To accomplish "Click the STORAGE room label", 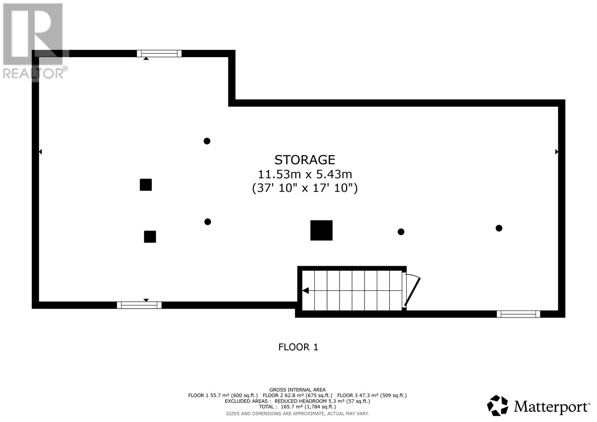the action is (x=304, y=160).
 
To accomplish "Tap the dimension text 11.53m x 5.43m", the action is (x=304, y=174).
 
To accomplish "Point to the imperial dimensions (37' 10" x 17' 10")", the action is (x=304, y=188).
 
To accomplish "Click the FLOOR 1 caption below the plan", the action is (x=298, y=347).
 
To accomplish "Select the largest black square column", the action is (x=321, y=230).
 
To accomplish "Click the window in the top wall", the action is (x=159, y=53).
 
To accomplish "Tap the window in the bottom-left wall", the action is (x=139, y=305).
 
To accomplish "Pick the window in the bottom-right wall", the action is (x=518, y=314).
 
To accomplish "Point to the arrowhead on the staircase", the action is (x=306, y=291).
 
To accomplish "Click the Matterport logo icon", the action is (x=497, y=406).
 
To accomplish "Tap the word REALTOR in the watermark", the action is (x=33, y=73).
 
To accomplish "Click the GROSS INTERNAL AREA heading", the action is (x=297, y=390).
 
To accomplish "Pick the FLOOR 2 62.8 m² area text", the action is (x=297, y=396).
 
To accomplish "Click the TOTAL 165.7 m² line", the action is (x=297, y=407).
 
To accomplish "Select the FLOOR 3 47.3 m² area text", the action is (x=372, y=396).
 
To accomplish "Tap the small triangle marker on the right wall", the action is (x=556, y=152).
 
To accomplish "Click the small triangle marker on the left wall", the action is (x=41, y=152).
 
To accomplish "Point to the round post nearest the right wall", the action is (x=499, y=228).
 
